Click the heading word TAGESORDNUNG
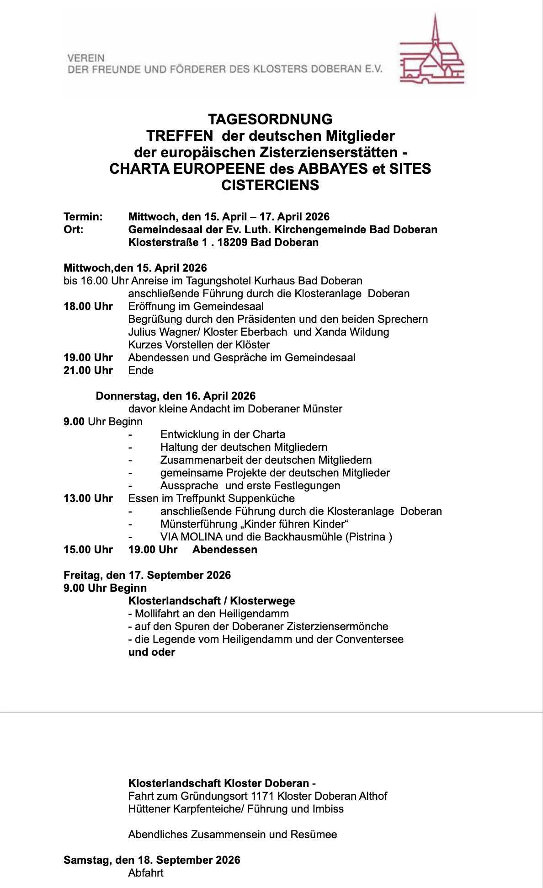coord(270,119)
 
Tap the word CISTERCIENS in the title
coord(270,185)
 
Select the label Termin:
coord(83,217)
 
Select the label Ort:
coord(74,230)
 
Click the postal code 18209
coord(232,242)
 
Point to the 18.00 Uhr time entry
coord(88,306)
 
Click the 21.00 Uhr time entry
coord(88,370)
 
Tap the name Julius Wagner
coord(163,332)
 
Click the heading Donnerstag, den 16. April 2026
coord(176,396)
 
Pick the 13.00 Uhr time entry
coord(88,498)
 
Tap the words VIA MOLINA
coord(192,537)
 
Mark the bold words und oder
coord(152,652)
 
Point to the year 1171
coord(263,796)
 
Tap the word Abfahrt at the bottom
coord(146,873)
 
